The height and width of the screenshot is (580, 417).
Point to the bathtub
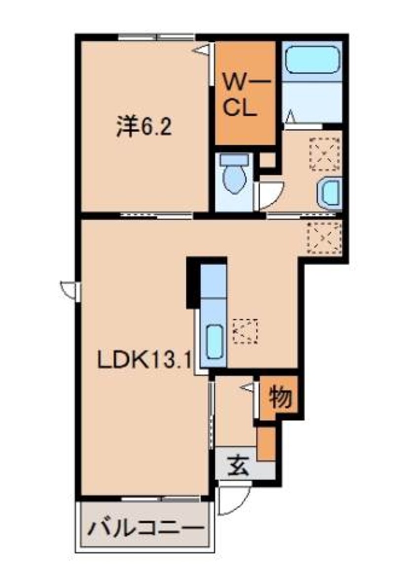coord(312,60)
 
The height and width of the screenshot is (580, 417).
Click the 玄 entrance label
coord(238,465)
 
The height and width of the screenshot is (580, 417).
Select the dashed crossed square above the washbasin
coord(324,154)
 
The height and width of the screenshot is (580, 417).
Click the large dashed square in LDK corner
coord(323,238)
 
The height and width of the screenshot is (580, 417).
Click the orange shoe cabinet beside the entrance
coord(266,444)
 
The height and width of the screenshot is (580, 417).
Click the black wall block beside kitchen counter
coord(192,283)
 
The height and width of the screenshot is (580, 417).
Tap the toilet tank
coord(233,160)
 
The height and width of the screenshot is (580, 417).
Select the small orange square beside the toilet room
coord(268,160)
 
